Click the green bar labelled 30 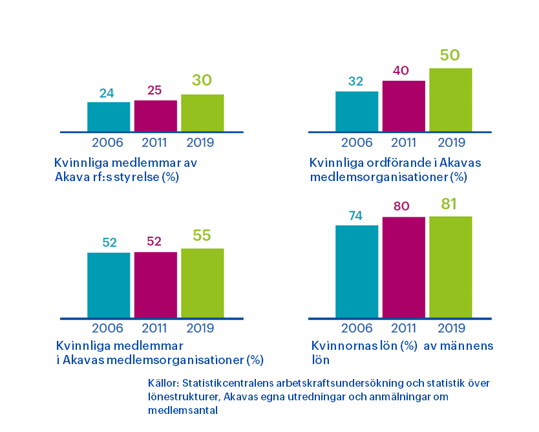click(202, 113)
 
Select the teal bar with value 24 click(109, 117)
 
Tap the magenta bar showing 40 click(403, 106)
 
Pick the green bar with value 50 click(450, 100)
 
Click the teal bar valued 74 click(357, 272)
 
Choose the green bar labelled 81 click(450, 267)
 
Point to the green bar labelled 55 click(202, 283)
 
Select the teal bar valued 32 click(357, 111)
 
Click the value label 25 click(155, 91)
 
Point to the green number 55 click(202, 235)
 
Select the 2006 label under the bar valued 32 click(357, 142)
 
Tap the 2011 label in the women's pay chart click(403, 329)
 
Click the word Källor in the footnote click(163, 383)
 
